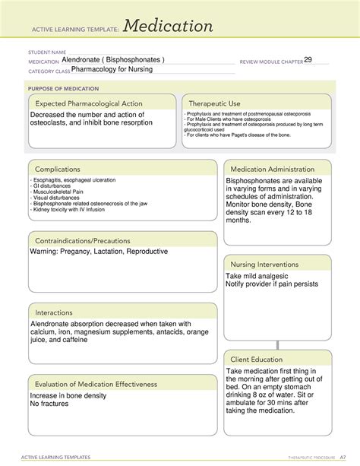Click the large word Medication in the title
point(169,27)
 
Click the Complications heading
point(57,169)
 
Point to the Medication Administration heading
point(273,169)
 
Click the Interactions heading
point(54,312)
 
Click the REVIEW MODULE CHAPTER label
point(270,61)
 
